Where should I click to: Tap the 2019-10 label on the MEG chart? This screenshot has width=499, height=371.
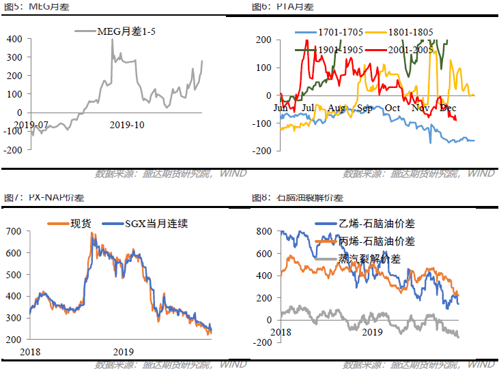click(x=126, y=124)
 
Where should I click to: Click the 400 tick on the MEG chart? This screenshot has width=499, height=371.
click(x=14, y=39)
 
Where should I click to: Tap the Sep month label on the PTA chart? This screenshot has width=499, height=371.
click(x=365, y=108)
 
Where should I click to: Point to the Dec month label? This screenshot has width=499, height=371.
click(x=448, y=108)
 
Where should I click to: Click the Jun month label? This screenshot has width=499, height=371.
click(x=281, y=108)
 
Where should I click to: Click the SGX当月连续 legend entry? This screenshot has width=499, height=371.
click(x=156, y=223)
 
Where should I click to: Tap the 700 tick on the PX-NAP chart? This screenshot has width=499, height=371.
click(x=14, y=232)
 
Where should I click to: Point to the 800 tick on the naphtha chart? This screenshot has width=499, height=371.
click(x=263, y=232)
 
